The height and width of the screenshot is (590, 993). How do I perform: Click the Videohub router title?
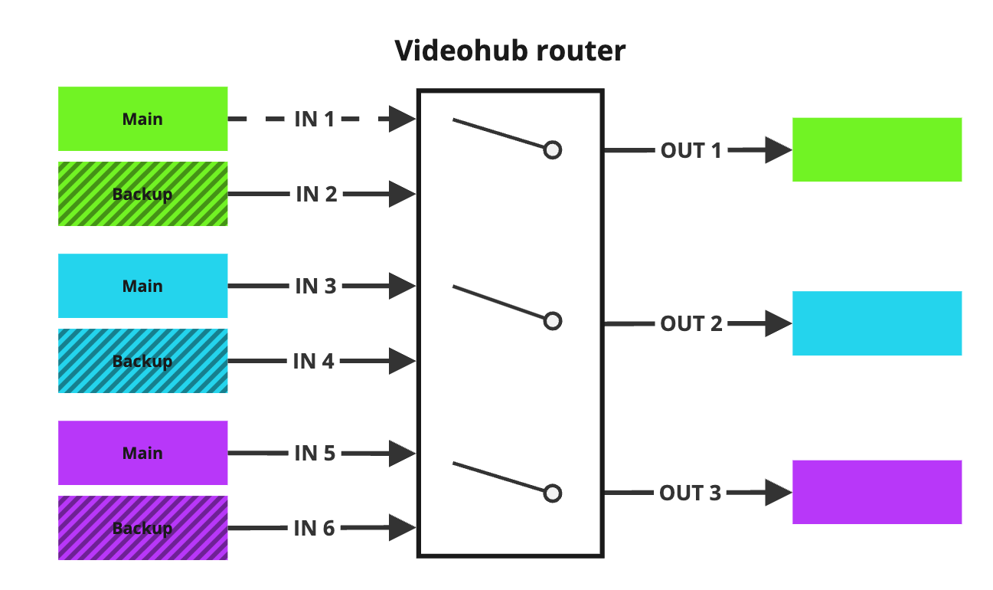pos(510,51)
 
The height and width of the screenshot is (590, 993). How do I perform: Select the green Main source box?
pos(142,119)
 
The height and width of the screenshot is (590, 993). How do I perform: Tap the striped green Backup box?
pos(142,194)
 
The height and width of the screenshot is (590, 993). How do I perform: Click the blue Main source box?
pos(142,286)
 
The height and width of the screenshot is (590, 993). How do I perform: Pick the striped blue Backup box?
pos(142,361)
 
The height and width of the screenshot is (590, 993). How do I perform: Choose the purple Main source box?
pos(142,453)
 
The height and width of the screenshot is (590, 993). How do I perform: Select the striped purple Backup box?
pos(142,528)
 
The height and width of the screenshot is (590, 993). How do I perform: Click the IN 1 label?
pos(315,120)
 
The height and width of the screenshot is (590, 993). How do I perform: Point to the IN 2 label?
pos(316,195)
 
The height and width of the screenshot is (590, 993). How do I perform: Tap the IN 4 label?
pos(314,361)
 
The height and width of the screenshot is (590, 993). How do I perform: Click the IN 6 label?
pos(315,528)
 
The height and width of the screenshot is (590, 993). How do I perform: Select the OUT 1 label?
pos(691,151)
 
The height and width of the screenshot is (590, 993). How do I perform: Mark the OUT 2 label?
pos(691,324)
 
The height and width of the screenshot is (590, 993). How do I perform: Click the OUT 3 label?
pos(690,493)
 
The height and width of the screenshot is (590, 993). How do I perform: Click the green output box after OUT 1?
pos(877,149)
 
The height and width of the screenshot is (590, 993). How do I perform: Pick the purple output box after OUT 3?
pos(877,492)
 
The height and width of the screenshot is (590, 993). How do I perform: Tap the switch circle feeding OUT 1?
pos(553,150)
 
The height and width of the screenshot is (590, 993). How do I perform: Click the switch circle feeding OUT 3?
pos(553,493)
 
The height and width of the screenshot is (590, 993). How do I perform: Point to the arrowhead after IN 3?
pos(401,287)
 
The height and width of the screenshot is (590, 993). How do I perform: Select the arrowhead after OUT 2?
pos(778,324)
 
